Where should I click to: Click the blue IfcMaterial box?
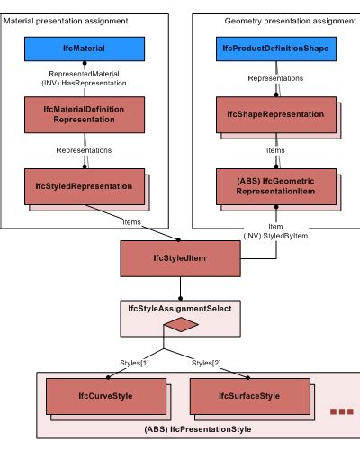point(84,44)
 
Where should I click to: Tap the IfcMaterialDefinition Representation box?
point(84,113)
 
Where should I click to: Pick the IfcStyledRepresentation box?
point(84,186)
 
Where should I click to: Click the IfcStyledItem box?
point(179,258)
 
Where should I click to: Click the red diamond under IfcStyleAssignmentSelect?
point(180,324)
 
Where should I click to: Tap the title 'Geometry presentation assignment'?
point(276,20)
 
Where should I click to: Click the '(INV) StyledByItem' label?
point(275,235)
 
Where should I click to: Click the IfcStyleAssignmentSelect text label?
point(180,308)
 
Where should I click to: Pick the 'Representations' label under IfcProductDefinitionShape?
point(276,78)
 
